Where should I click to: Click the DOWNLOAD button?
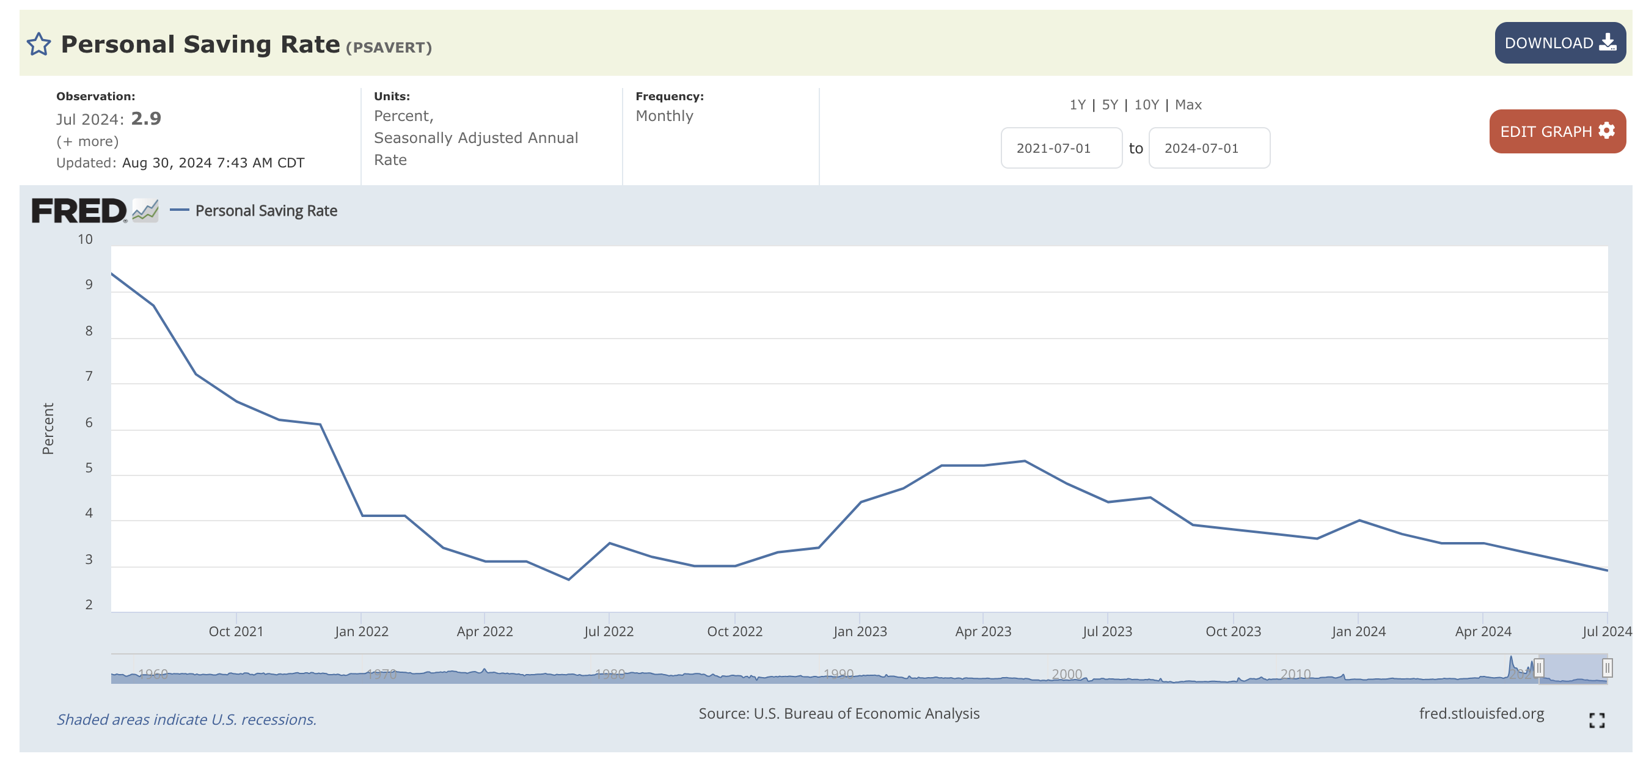(x=1560, y=43)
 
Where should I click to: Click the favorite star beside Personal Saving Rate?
(x=38, y=44)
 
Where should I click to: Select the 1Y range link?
(x=1077, y=105)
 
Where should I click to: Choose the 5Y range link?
(x=1110, y=105)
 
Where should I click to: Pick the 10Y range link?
(x=1146, y=105)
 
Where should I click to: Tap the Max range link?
(x=1188, y=105)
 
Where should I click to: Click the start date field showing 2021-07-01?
(x=1061, y=148)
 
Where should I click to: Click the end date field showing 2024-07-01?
(x=1209, y=148)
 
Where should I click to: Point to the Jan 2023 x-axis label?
(x=860, y=631)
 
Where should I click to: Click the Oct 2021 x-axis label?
(x=236, y=631)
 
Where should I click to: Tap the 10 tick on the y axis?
(x=85, y=239)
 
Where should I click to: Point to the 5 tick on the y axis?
(x=89, y=468)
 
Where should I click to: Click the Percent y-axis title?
(x=48, y=429)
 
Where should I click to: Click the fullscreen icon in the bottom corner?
(x=1597, y=721)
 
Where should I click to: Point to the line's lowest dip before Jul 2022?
(x=569, y=579)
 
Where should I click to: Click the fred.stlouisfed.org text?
(x=1481, y=714)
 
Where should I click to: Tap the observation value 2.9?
(x=146, y=119)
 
